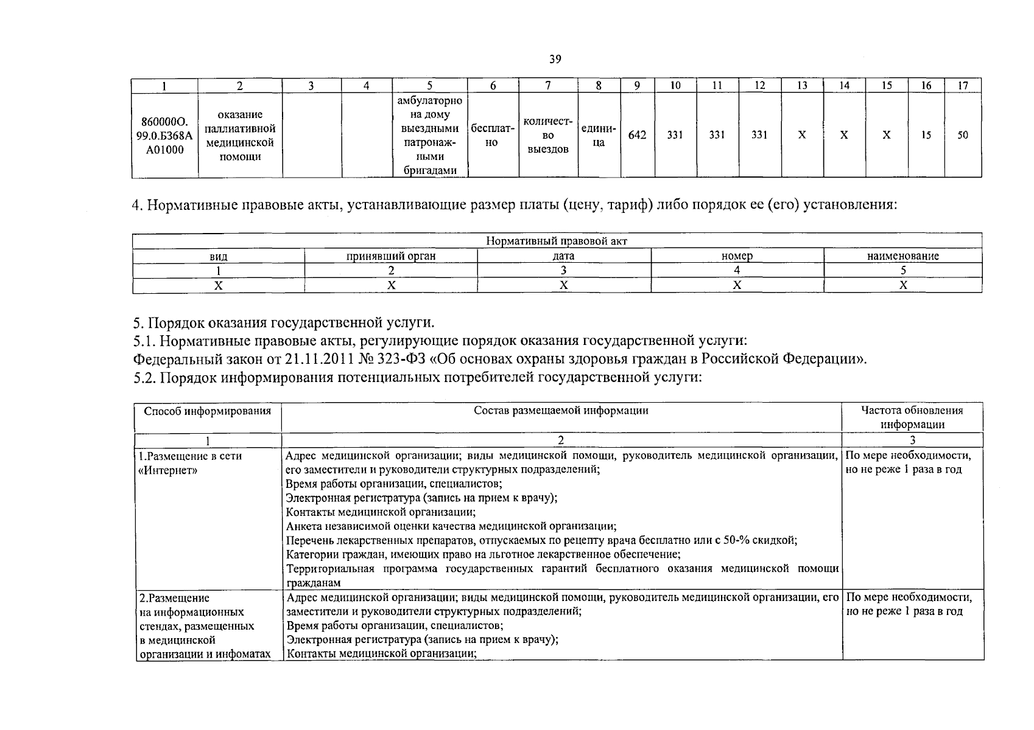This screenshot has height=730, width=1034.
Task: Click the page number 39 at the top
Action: (x=555, y=59)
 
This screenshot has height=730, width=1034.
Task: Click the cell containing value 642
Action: (x=637, y=135)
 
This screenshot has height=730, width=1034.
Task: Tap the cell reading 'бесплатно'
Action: (x=493, y=135)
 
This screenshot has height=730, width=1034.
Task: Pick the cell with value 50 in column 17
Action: (x=962, y=135)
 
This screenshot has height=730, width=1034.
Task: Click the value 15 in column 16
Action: (x=926, y=135)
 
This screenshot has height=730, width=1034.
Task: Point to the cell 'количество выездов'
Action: (x=547, y=135)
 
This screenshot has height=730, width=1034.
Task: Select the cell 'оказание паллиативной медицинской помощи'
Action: (x=240, y=135)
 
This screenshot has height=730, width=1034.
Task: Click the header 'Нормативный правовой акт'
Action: (x=557, y=241)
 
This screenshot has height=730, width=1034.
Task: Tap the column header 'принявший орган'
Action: (x=390, y=256)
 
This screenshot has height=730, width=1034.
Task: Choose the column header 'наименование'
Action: (x=902, y=256)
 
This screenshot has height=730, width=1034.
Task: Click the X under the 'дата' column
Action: (x=564, y=285)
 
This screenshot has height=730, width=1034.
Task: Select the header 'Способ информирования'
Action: (x=207, y=411)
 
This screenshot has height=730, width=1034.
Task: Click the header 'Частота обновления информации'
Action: (x=912, y=417)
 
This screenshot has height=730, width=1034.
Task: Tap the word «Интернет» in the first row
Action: (x=168, y=470)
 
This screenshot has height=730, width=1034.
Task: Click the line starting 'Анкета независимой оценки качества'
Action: (x=451, y=526)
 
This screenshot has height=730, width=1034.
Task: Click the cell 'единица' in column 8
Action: (x=598, y=135)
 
